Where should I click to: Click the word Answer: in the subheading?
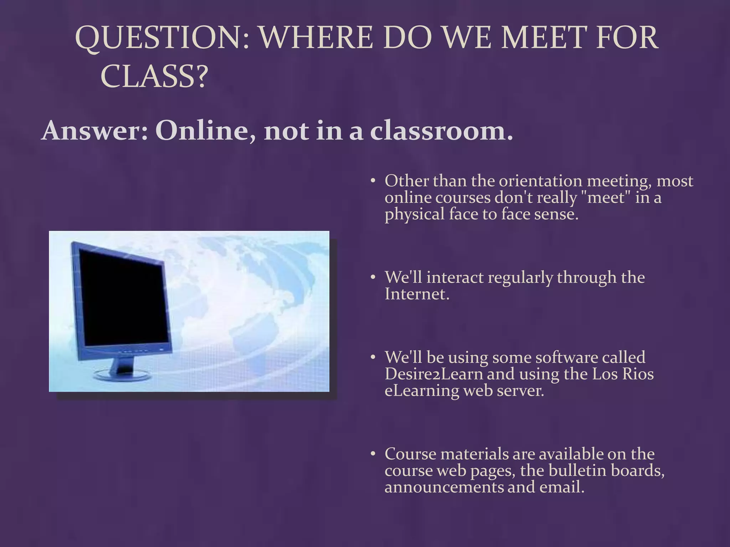click(94, 131)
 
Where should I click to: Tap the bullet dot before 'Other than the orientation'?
click(372, 181)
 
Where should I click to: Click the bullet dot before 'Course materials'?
click(372, 454)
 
